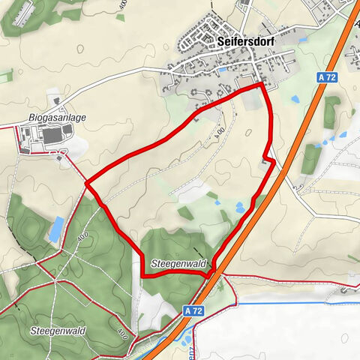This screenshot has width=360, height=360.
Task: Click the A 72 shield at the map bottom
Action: pyautogui.click(x=192, y=309)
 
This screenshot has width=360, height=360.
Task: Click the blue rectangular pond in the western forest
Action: pyautogui.click(x=55, y=229)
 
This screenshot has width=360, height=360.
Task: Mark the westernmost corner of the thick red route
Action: pyautogui.click(x=87, y=182)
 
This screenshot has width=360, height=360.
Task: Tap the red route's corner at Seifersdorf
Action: pyautogui.click(x=262, y=85)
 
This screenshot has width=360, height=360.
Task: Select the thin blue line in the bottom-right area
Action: pyautogui.click(x=300, y=303)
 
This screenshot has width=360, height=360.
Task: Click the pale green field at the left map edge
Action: pyautogui.click(x=6, y=76)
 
